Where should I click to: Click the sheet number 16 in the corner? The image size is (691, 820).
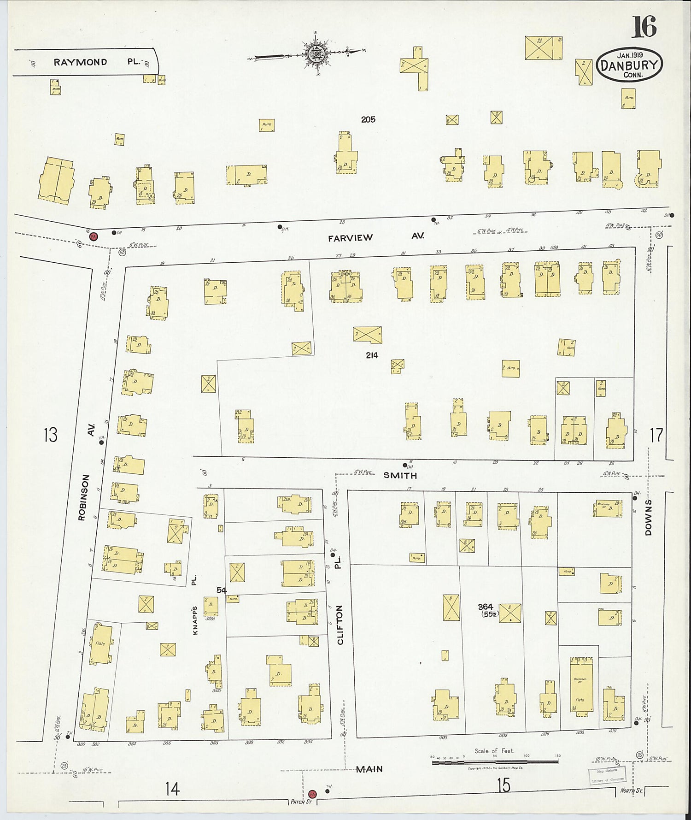coord(644,27)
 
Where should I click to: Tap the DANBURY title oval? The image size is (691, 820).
coord(629,65)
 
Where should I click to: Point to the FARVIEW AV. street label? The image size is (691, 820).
coord(375,237)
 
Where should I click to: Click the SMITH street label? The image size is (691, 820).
coord(400,475)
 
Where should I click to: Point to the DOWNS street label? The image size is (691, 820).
coord(648,517)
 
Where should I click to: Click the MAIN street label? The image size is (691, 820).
coord(369,769)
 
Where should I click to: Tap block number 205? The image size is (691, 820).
coord(368,119)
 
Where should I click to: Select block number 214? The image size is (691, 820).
coord(372,355)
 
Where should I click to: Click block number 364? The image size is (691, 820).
coord(486,607)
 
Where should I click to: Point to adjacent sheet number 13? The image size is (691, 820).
coord(50,434)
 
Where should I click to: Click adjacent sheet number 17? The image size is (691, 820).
coord(656,434)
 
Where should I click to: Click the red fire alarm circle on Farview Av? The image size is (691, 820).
coord(94,236)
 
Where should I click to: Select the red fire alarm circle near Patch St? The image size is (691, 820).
coord(312,794)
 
